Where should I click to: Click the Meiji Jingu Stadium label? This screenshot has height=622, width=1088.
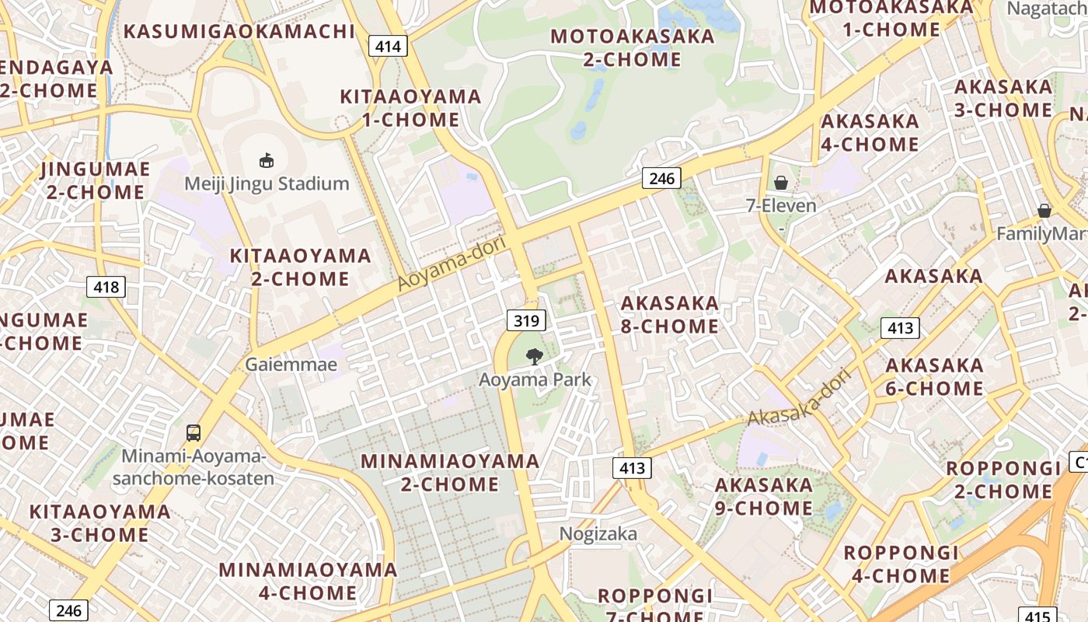pos(267,183)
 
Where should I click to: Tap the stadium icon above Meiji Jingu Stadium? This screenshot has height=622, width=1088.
pos(267,161)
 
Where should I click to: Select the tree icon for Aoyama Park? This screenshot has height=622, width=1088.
pos(534,357)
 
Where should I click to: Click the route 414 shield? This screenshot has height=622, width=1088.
pos(388,46)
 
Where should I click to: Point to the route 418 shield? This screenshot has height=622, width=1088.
pos(106,287)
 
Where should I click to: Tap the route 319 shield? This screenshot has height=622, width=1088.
pos(526,320)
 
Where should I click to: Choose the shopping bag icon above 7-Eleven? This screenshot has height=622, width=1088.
pos(781,183)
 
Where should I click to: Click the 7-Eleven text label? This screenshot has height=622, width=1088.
pos(781,206)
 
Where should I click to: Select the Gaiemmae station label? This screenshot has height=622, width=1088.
pos(291,364)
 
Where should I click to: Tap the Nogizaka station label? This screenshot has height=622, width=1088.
pos(598,533)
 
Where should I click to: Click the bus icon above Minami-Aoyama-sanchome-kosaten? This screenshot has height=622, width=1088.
pos(194,433)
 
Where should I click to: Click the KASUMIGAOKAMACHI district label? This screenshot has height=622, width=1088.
pos(239,32)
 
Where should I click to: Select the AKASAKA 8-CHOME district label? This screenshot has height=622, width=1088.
pos(669,314)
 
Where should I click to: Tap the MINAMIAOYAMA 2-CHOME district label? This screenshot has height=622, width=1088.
pos(450,472)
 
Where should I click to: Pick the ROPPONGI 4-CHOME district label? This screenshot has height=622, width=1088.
pos(901,564)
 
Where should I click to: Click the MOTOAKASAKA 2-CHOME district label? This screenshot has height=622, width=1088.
pos(632,47)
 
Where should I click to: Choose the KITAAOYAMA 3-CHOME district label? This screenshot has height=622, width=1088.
pos(99,522)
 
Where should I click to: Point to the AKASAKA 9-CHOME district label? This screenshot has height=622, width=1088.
pos(763,496)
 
